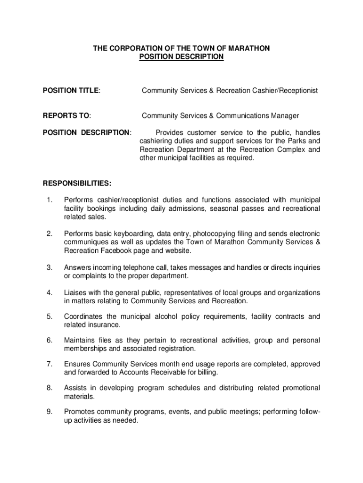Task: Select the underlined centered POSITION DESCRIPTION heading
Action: pos(181,57)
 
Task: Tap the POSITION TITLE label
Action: pos(71,90)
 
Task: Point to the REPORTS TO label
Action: pos(66,116)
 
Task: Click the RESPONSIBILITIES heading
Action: pos(77,183)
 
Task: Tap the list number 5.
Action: pos(49,316)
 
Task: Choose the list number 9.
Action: pos(49,412)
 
